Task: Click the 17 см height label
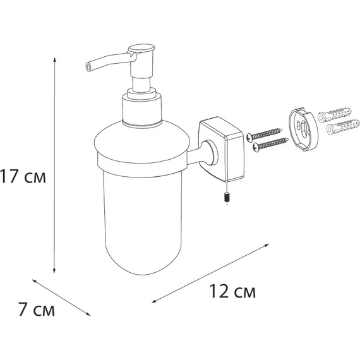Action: tap(23, 177)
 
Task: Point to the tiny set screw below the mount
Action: tap(225, 197)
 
